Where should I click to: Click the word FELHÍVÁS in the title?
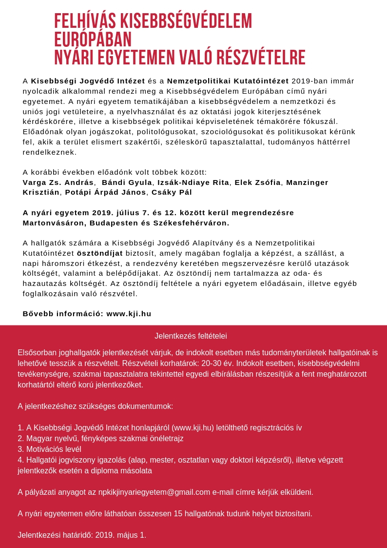click(x=85, y=21)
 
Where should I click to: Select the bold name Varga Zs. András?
click(x=58, y=183)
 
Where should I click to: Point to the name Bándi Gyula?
click(x=127, y=183)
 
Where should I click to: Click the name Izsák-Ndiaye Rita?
click(x=193, y=183)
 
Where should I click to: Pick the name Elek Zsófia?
click(x=257, y=183)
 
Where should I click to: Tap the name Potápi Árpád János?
click(x=106, y=192)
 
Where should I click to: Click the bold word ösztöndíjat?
click(x=100, y=253)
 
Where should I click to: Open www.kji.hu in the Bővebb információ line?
click(x=129, y=314)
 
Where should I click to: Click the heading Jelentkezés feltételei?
click(x=191, y=336)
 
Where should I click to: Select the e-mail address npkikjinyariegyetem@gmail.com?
click(x=154, y=492)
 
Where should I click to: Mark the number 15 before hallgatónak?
click(x=178, y=514)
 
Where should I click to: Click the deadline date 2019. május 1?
click(x=120, y=535)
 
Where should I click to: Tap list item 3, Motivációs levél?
click(x=49, y=449)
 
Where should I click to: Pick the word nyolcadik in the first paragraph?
click(x=43, y=91)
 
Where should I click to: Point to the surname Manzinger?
click(x=307, y=183)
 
